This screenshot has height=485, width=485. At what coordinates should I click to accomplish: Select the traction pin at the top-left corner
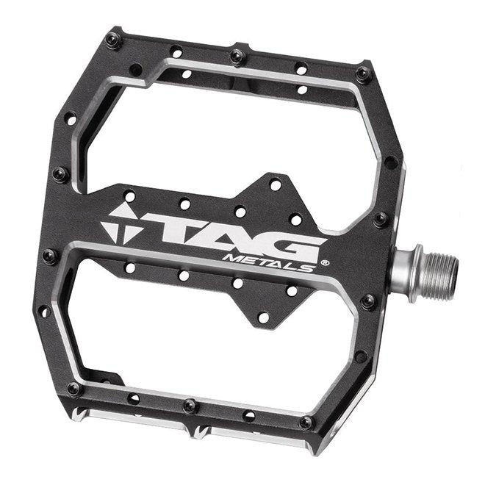point(112,39)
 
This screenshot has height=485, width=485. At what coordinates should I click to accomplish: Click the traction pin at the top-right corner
point(363,74)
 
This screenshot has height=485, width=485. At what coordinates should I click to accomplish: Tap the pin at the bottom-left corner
point(74,388)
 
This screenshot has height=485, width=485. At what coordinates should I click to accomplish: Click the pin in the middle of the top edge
point(237,56)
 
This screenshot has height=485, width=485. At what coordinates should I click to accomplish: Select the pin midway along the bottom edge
point(189,405)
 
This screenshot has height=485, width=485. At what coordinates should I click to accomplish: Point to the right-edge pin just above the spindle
point(381,218)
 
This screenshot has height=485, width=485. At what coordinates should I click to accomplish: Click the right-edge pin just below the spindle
point(368,301)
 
